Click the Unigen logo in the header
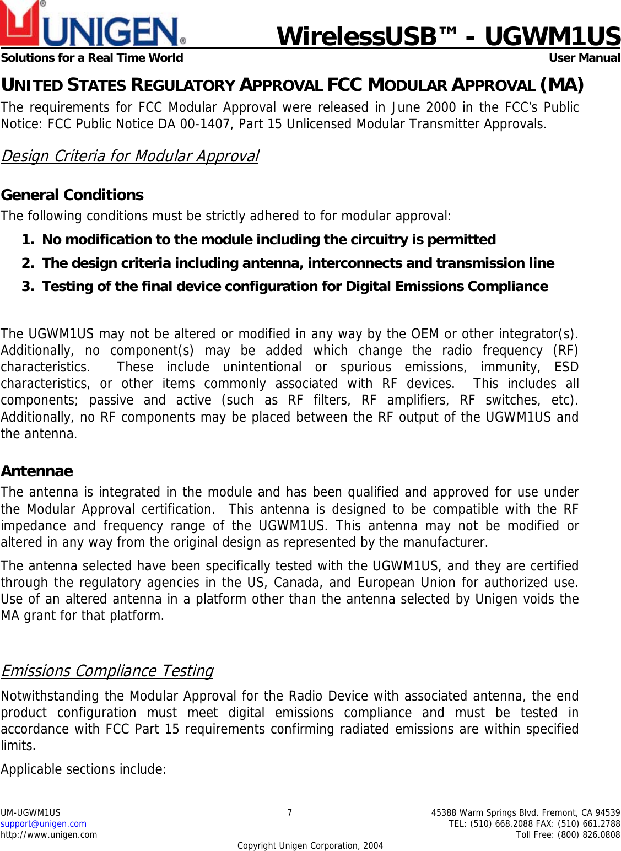93,25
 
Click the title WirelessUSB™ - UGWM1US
448,36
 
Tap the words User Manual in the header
584,58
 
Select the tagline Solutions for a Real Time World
92,58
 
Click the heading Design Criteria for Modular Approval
129,156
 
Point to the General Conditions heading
72,195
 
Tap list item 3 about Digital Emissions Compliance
295,287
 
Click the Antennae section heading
37,471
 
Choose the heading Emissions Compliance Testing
107,671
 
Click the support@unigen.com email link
44,823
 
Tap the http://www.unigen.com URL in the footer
48,834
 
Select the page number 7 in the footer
290,812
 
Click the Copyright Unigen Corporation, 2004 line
310,845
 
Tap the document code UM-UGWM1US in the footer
30,812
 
